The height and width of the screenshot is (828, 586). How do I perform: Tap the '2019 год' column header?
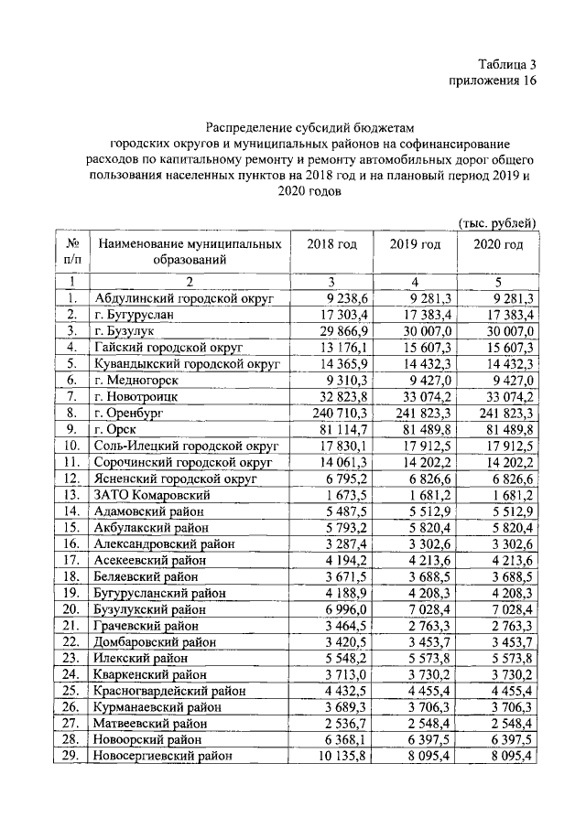coord(415,244)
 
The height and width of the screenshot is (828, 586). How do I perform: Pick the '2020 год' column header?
coord(498,244)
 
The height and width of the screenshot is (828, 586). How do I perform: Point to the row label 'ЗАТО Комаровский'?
coord(149,494)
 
